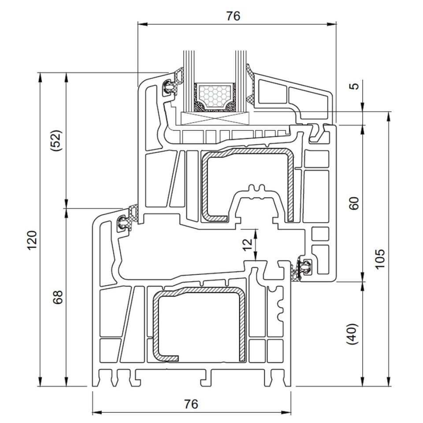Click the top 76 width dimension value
coord(233,16)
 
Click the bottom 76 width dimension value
coord(191,403)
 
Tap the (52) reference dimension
coord(57,141)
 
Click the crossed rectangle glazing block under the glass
coord(215,118)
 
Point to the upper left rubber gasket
coord(170,86)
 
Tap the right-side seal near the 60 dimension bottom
coord(304,267)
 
